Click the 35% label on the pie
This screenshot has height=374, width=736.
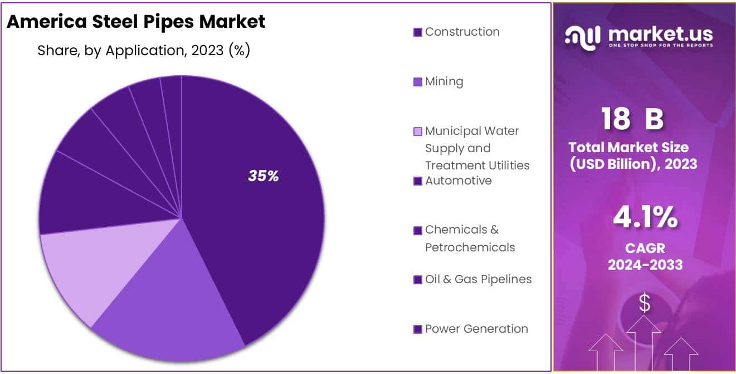click(x=263, y=177)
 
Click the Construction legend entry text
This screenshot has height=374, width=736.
click(x=462, y=32)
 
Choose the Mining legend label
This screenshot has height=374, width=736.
click(x=444, y=81)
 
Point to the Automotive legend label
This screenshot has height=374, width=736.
click(x=458, y=181)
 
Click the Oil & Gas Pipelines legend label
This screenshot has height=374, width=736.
click(x=478, y=279)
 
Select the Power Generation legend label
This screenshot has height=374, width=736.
click(x=476, y=329)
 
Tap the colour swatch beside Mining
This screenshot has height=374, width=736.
click(x=418, y=82)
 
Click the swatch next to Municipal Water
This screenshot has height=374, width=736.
click(x=418, y=132)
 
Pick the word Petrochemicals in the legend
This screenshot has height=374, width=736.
click(x=470, y=247)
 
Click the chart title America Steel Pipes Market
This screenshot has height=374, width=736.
click(x=135, y=22)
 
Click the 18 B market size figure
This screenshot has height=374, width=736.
click(x=632, y=119)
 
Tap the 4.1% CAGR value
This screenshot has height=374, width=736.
click(x=645, y=218)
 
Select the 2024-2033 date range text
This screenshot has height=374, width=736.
click(x=645, y=265)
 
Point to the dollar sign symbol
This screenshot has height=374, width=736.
click(x=645, y=303)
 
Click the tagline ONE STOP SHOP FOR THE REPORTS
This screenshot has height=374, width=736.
click(x=660, y=45)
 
